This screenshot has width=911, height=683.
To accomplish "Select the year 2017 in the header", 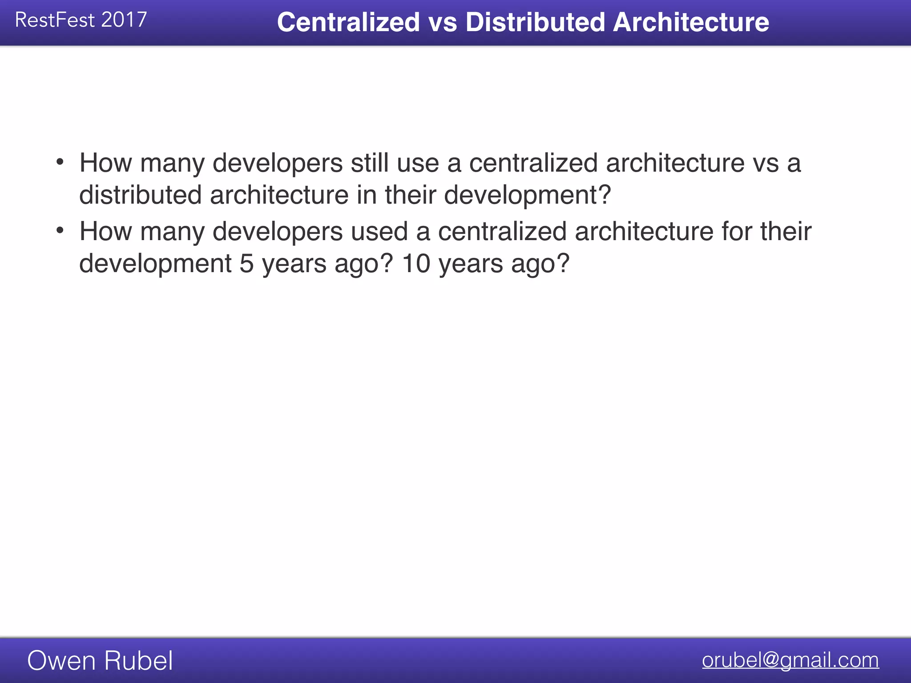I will [124, 20].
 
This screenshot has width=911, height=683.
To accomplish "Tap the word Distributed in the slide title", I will [535, 22].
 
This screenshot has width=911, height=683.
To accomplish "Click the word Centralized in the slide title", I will [348, 22].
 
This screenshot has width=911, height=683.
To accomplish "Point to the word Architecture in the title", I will [691, 22].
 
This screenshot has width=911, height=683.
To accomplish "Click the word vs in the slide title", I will [443, 22].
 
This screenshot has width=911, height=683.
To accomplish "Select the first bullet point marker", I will [60, 162].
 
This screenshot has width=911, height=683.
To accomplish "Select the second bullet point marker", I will [60, 230].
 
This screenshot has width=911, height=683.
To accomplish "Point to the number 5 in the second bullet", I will [246, 263].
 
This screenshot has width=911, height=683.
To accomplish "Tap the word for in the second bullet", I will [737, 231].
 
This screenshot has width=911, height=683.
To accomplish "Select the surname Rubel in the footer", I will [138, 660].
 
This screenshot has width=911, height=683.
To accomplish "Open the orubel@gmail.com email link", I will [790, 660].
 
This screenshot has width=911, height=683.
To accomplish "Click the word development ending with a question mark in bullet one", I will [528, 195].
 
